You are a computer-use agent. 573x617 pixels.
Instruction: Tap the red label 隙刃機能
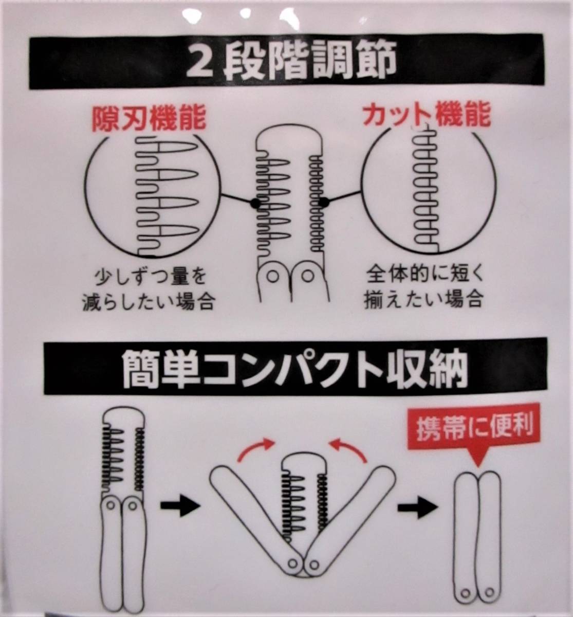150,119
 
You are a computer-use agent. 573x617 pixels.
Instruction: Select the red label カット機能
427,115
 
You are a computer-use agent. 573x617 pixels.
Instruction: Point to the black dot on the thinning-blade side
255,203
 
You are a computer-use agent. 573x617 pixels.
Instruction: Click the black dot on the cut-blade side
323,202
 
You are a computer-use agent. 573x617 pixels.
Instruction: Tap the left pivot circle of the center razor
272,277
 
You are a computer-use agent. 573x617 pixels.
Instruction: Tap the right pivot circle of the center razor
307,276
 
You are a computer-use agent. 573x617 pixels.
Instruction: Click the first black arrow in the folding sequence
180,506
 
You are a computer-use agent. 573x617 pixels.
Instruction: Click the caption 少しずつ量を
150,277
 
